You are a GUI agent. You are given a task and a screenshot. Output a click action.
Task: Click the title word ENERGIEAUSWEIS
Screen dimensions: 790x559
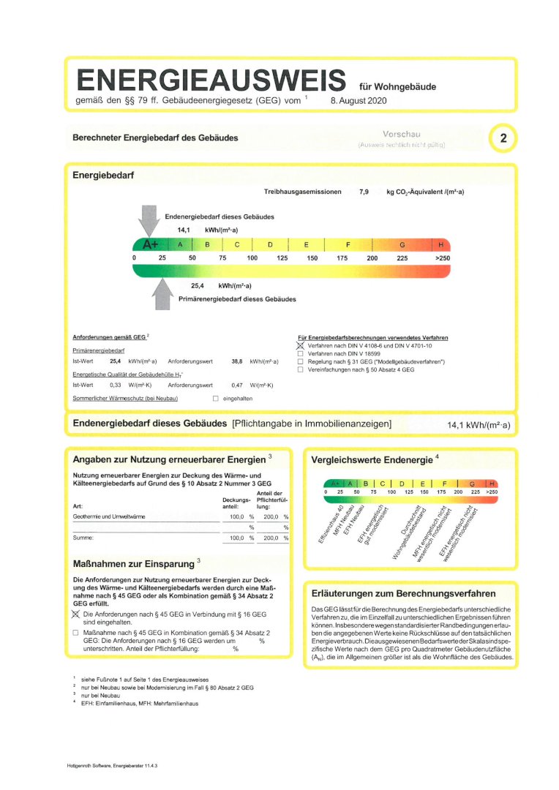[x=211, y=80]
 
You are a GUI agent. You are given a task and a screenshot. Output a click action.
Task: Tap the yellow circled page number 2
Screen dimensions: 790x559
[x=503, y=139]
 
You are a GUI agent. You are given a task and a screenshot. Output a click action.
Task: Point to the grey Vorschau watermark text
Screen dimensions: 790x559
[x=402, y=135]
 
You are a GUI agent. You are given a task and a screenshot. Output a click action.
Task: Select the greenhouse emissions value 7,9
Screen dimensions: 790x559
[x=364, y=192]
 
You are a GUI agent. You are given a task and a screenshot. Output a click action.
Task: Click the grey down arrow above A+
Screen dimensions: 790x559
[x=149, y=219]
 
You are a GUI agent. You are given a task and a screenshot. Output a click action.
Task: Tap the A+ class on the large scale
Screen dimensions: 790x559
[x=151, y=244]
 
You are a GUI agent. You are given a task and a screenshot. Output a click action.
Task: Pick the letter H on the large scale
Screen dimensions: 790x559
[x=440, y=244]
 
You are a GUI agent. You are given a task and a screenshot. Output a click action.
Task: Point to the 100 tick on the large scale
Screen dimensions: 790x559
[x=252, y=258]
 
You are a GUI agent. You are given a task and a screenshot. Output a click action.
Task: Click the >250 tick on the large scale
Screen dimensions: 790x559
[x=442, y=258]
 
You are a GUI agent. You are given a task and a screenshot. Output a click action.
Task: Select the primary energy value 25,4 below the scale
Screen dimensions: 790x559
[x=198, y=285]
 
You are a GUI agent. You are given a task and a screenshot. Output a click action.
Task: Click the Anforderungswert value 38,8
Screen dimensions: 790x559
[x=236, y=361]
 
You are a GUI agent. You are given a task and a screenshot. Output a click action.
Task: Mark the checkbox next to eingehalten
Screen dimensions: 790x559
[x=215, y=399]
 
